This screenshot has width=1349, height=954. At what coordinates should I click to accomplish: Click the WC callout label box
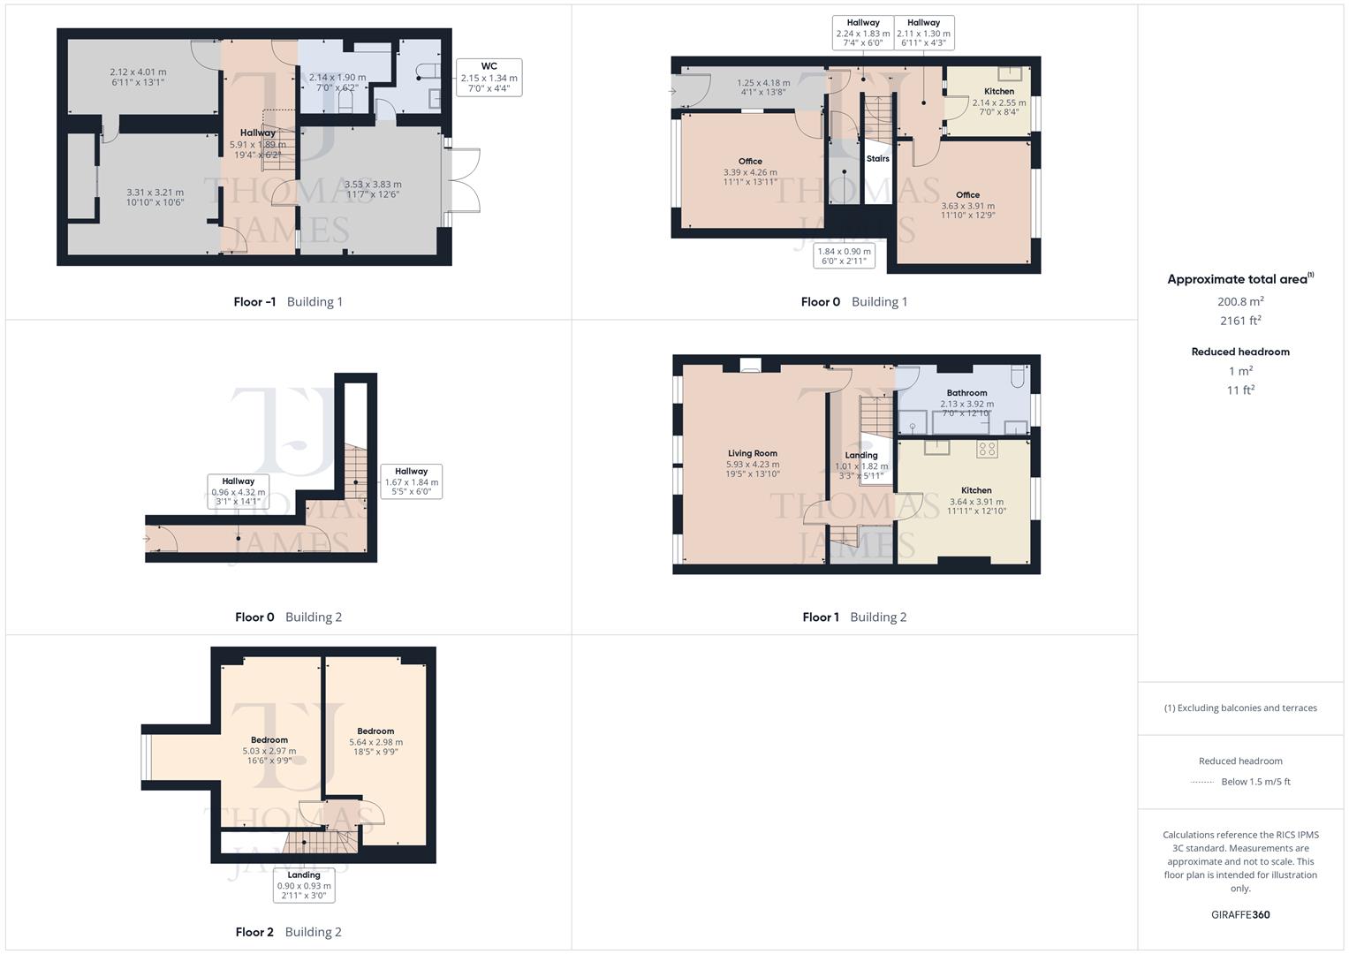tap(489, 78)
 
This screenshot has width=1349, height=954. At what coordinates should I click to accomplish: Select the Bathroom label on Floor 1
tap(966, 393)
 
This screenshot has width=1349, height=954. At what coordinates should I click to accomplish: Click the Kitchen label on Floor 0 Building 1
tap(999, 91)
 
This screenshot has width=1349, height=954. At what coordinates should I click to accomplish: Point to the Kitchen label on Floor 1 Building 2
tap(976, 490)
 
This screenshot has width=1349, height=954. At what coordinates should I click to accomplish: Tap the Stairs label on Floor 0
tap(877, 159)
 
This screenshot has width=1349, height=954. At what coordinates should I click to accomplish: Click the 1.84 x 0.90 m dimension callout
tap(844, 256)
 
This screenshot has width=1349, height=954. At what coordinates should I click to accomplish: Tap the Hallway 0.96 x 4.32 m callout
tap(239, 491)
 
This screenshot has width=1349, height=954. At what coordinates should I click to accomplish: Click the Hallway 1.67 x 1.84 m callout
tap(411, 481)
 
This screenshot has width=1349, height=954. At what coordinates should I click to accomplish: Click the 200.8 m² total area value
tap(1240, 302)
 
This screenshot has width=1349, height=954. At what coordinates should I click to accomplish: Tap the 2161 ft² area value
tap(1240, 321)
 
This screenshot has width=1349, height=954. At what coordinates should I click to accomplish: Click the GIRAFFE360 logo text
tap(1240, 914)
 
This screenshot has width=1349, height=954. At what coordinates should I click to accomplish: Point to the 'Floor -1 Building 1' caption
tap(288, 302)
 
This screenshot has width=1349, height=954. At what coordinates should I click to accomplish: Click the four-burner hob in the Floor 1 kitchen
tap(987, 449)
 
